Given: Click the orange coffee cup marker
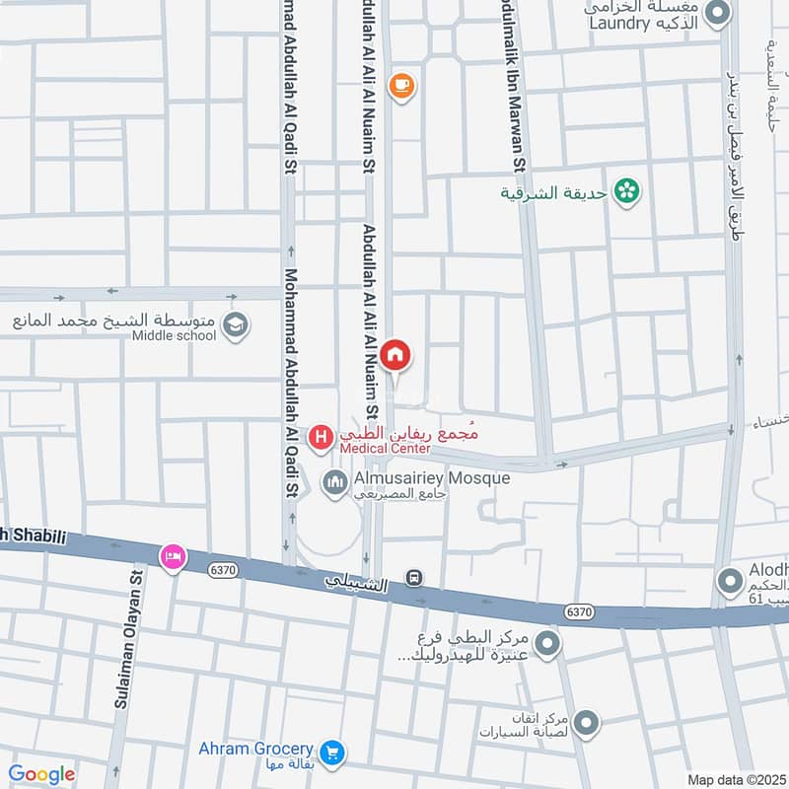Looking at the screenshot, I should (x=400, y=86).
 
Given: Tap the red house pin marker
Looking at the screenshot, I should (x=395, y=355).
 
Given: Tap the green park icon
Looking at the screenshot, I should (x=624, y=191).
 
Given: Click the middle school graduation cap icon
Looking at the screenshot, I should (x=235, y=325).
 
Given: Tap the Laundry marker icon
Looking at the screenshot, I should (x=717, y=14).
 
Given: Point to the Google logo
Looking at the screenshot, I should (x=41, y=774).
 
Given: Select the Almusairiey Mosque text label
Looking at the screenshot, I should (x=431, y=478).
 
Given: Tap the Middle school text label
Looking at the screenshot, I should (x=174, y=335).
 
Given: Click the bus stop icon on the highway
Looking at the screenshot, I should (x=415, y=578).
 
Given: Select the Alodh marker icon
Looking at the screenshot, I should (x=730, y=581).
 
